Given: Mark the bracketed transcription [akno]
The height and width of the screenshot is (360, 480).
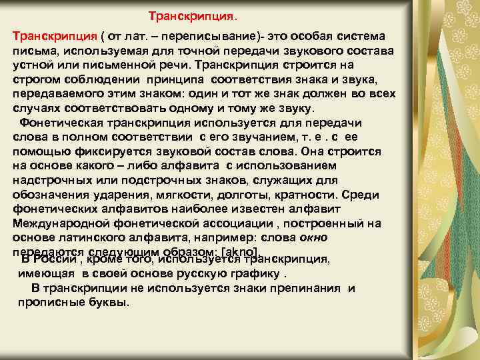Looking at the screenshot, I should [233, 251].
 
